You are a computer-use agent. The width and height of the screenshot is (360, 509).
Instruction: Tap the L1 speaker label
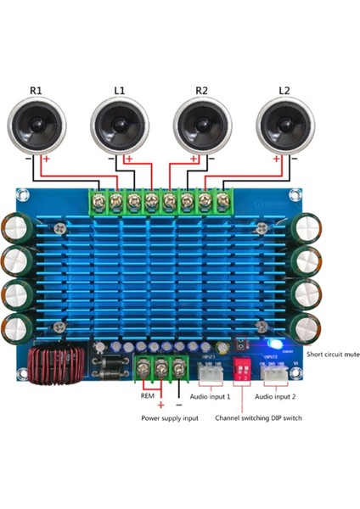pos(119,90)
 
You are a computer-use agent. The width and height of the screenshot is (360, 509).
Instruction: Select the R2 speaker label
pos(201,90)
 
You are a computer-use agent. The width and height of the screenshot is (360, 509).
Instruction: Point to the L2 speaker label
pos(284,90)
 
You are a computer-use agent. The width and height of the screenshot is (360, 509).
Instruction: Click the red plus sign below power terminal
pos(159,405)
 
